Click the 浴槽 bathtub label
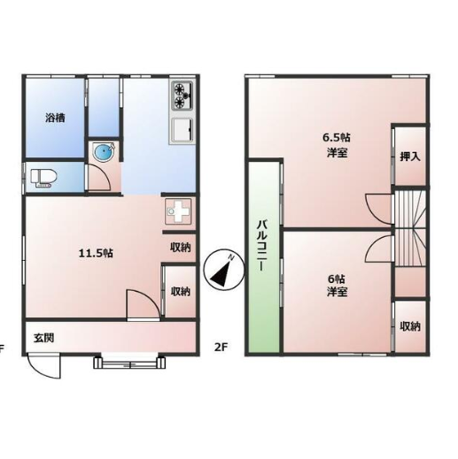point(55,119)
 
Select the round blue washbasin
point(103,152)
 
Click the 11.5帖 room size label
point(96,253)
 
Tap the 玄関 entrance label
point(43,338)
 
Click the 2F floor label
point(221,347)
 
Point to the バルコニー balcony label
point(261,245)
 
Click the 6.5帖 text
point(337,137)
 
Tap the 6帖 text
point(337,279)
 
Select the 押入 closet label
point(410,157)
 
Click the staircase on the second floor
point(410,229)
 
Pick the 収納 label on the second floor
point(410,326)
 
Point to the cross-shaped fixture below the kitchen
point(178,211)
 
